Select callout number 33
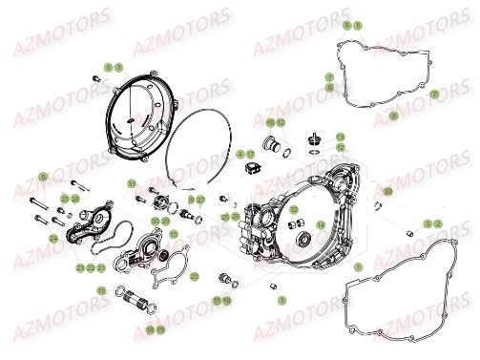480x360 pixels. click(388, 191)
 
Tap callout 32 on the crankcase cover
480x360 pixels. click(294, 210)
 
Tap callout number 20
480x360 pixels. click(194, 276)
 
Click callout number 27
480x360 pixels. click(200, 200)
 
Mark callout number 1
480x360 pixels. click(357, 268)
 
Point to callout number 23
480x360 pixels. click(79, 269)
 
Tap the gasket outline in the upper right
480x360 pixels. click(382, 76)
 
